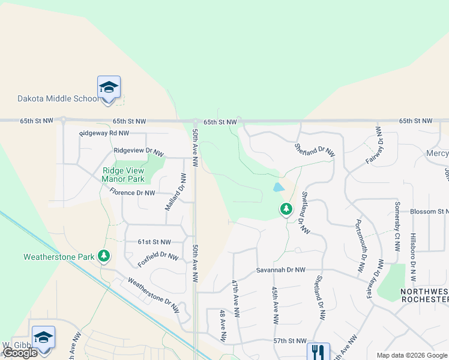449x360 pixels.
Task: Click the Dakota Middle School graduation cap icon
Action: [x=109, y=88]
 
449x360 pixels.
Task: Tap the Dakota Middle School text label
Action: [x=57, y=98]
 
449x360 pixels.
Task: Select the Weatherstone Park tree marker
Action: [x=104, y=256]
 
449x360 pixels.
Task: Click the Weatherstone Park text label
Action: [x=59, y=257]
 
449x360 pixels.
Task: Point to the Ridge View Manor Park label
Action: [x=123, y=175]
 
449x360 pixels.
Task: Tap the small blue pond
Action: [x=279, y=187]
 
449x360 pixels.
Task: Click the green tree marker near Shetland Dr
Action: [x=286, y=209]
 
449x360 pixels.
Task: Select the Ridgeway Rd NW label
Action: [x=104, y=133]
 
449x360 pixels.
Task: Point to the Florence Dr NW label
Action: [x=132, y=193]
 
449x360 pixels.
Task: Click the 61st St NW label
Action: [x=154, y=242]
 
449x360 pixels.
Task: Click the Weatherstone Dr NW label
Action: [x=154, y=295]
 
